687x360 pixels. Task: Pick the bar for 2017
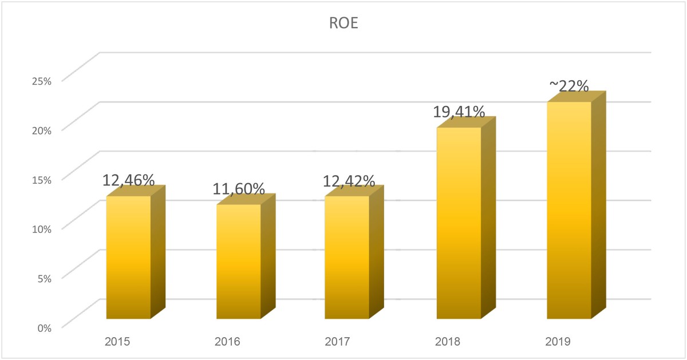click(x=347, y=258)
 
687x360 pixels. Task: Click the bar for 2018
click(x=459, y=223)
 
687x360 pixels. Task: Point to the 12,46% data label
click(x=129, y=180)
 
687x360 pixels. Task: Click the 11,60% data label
click(x=239, y=188)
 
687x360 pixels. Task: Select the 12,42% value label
click(x=349, y=181)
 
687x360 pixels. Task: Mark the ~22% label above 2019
click(x=569, y=86)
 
